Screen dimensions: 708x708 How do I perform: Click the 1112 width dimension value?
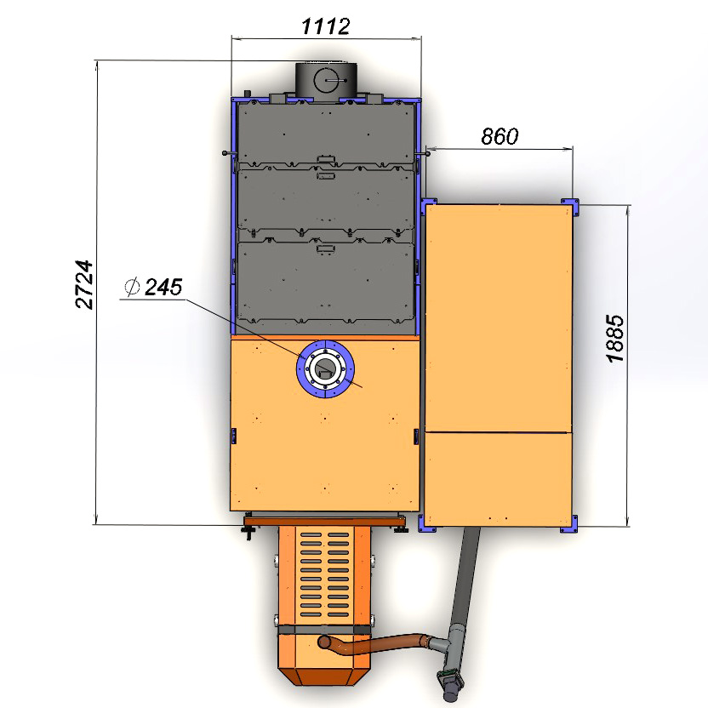coord(325,26)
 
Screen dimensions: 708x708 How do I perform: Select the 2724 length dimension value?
coord(84,284)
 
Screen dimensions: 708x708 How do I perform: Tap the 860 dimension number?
coord(500,136)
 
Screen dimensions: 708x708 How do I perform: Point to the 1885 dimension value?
coord(615,339)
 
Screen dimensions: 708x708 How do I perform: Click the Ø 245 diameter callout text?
coord(153,287)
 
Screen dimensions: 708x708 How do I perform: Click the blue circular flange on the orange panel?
coord(325,369)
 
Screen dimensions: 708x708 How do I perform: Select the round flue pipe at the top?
coord(326,82)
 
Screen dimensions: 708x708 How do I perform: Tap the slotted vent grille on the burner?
coord(325,574)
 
